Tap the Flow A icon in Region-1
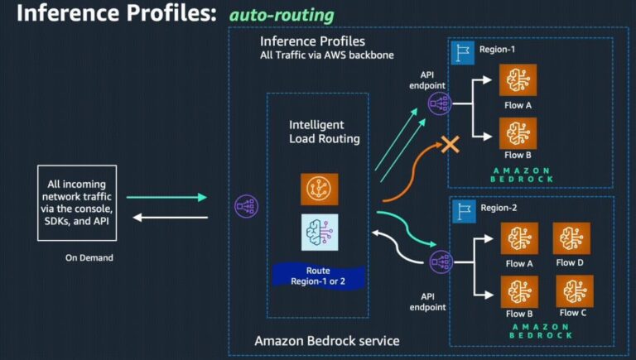coord(518,80)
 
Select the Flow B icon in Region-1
coord(518,132)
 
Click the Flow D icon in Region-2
coord(570,238)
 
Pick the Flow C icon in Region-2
coord(573,290)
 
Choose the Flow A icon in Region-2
coord(519,238)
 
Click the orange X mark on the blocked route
coord(449,145)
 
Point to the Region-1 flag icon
coord(461,51)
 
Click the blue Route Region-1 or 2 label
coord(319,275)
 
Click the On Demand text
coord(89,257)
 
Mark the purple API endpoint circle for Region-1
coord(438,103)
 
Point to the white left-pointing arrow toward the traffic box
coord(166,218)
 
